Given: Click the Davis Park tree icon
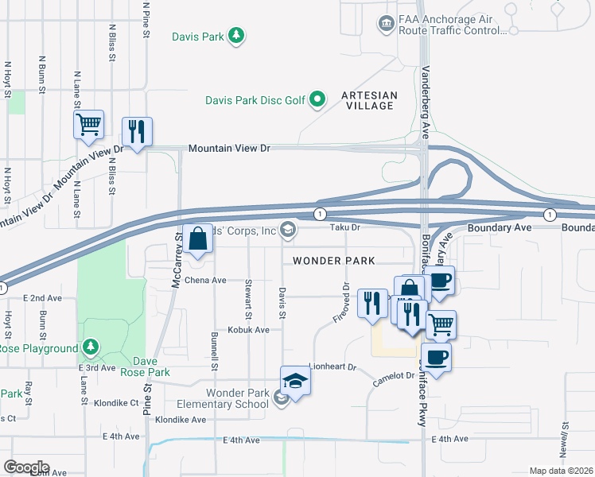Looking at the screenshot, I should tap(235, 35).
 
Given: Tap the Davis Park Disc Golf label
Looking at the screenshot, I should tap(255, 100).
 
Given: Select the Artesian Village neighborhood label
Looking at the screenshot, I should tap(367, 100).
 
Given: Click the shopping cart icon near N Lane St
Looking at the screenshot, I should tap(89, 124).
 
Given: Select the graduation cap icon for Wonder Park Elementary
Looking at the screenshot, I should tap(294, 382).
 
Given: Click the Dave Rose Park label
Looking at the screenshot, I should tap(150, 366).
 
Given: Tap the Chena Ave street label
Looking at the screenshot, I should tap(206, 281).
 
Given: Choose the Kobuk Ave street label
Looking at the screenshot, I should tap(248, 330).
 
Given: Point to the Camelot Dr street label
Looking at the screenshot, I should tap(395, 380).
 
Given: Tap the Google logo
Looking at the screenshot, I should tap(26, 467).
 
